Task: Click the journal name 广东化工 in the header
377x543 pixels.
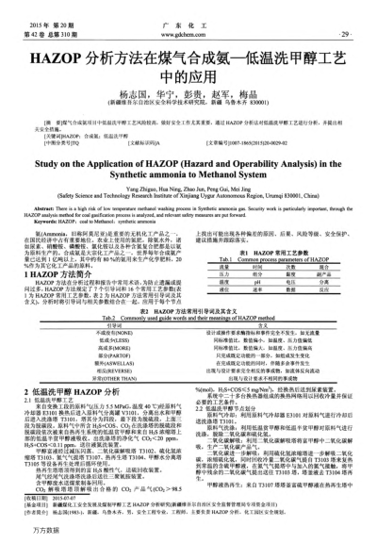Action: (188, 18)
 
